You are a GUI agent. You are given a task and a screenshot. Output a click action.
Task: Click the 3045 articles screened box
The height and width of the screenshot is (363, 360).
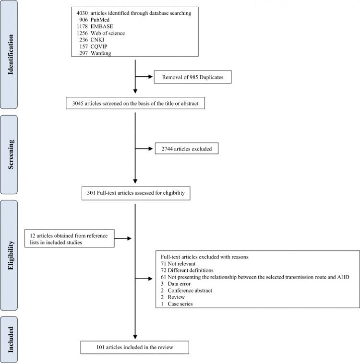135,103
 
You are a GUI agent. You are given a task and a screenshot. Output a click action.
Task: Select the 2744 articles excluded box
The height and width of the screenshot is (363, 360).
186,150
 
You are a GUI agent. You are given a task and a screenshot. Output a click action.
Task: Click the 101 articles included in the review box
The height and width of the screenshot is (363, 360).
135,346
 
